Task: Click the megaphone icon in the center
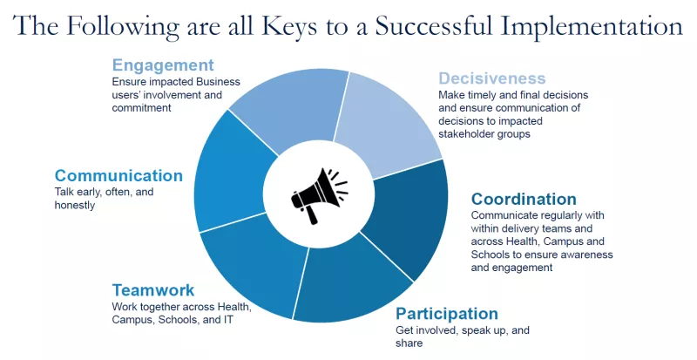[x=319, y=195]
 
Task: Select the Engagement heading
[x=163, y=65]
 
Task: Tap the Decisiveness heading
[x=491, y=78]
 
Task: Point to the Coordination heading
[x=524, y=199]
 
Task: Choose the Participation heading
[x=447, y=314]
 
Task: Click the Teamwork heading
[x=153, y=290]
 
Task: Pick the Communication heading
[x=118, y=175]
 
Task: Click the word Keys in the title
[x=289, y=26]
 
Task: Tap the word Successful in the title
[x=434, y=26]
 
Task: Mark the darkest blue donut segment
[x=405, y=218]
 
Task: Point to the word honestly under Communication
[x=75, y=206]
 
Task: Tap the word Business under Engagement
[x=218, y=82]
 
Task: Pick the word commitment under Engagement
[x=141, y=108]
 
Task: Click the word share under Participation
[x=409, y=343]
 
